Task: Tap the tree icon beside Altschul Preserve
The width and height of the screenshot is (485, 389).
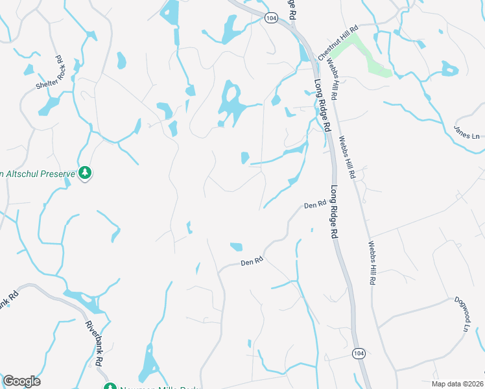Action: (x=84, y=173)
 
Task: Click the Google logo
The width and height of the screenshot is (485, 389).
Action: (x=21, y=381)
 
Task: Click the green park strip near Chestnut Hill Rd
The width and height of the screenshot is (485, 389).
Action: (x=366, y=56)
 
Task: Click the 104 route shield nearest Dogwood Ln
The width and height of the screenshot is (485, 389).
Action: (x=358, y=353)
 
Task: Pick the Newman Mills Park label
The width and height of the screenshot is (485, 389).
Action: (x=152, y=388)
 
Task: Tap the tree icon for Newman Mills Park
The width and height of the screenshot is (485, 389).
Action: (x=110, y=387)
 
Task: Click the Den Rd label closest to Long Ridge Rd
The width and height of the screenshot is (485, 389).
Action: (x=314, y=206)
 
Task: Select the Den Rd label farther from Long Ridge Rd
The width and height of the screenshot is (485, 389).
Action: (x=251, y=262)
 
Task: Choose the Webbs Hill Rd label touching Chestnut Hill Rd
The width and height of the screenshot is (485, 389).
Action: (x=332, y=77)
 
